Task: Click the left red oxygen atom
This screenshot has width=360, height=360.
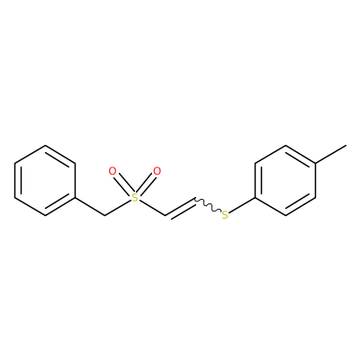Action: [112, 171]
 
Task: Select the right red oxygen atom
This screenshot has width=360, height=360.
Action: [157, 171]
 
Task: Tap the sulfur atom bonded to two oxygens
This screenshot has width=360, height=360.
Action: [135, 197]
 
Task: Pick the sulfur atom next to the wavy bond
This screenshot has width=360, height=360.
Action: [225, 215]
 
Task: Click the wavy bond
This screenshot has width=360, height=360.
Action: [208, 205]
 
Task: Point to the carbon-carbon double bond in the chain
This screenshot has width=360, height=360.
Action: [181, 208]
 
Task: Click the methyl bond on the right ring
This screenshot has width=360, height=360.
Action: [331, 154]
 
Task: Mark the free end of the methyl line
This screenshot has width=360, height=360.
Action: [346, 146]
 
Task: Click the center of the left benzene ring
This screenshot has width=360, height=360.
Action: [45, 181]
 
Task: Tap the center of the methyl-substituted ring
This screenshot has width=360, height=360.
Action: [285, 181]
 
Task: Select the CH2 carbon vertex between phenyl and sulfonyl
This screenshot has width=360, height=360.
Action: [104, 215]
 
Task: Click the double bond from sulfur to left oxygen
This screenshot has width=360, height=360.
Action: [122, 184]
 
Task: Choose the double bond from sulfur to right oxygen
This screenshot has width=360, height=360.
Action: [147, 184]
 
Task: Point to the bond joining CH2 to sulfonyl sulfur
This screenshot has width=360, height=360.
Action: [118, 207]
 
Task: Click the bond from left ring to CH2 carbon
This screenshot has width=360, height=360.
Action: [90, 207]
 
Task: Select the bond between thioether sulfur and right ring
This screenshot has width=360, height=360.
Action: [242, 205]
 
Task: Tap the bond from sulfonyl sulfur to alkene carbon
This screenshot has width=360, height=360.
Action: [152, 207]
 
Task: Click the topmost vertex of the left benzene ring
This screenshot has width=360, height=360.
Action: [45, 146]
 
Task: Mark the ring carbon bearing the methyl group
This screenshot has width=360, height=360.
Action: [316, 163]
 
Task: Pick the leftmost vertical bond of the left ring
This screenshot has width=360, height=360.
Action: [14, 181]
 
